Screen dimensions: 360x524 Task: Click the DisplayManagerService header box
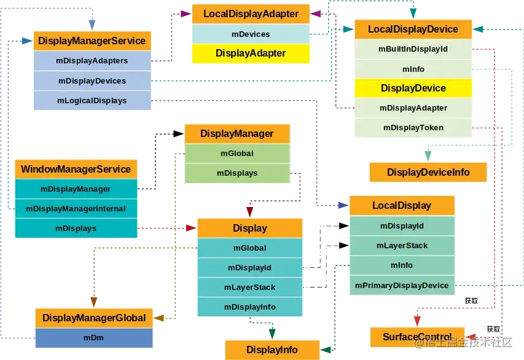92,41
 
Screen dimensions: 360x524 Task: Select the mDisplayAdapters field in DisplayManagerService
92,61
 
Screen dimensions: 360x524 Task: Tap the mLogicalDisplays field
92,101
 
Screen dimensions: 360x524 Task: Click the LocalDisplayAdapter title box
251,14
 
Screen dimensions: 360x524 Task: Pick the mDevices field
251,34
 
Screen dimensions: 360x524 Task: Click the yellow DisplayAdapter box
251,53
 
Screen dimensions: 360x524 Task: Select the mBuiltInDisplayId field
413,49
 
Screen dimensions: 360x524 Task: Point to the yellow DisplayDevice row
413,88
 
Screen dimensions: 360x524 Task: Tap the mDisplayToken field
413,128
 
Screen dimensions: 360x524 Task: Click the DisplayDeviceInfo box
428,173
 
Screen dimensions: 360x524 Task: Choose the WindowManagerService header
76,169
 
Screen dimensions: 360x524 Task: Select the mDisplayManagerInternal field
76,209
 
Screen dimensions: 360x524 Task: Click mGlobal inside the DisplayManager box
237,154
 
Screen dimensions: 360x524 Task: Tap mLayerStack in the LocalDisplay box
402,246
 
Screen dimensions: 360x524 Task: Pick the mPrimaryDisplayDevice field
402,285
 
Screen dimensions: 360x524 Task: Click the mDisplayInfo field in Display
249,307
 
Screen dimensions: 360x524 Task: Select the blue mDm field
93,338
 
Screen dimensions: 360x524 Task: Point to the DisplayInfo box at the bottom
272,350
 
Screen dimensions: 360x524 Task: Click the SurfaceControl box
417,337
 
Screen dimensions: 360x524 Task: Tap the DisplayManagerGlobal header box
93,318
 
